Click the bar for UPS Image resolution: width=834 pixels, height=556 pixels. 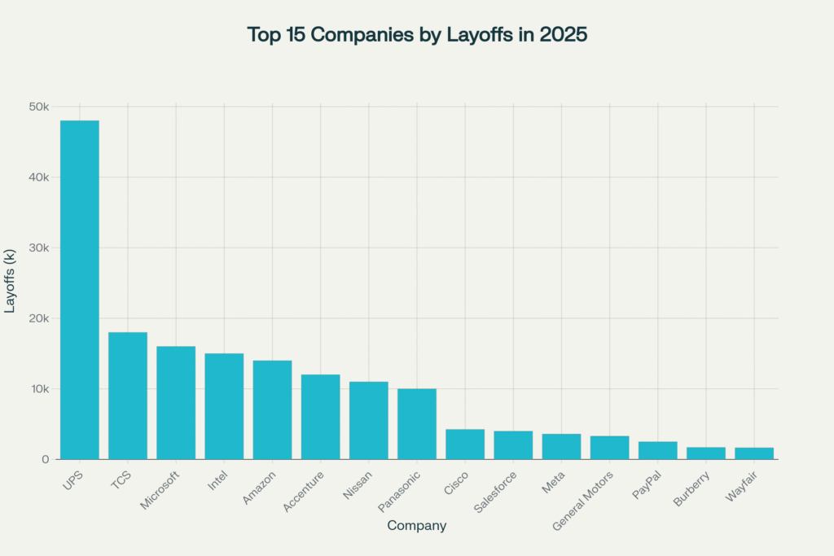tap(80, 290)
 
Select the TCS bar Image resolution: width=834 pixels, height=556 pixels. tap(128, 396)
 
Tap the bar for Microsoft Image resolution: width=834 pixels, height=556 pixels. tap(176, 403)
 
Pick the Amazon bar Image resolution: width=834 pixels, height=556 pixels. tap(272, 409)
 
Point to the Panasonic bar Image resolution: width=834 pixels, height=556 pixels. tap(417, 424)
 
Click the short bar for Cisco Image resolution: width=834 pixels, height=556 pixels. tap(465, 444)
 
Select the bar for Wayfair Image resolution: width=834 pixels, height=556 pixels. tap(754, 453)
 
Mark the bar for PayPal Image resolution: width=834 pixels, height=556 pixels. tap(657, 450)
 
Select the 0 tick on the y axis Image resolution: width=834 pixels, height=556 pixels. tap(46, 460)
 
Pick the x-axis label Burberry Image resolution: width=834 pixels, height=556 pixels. tap(692, 486)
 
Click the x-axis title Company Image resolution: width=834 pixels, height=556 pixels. tap(416, 526)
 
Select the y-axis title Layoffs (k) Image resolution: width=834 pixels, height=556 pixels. tap(11, 283)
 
